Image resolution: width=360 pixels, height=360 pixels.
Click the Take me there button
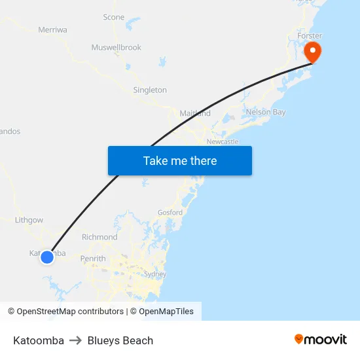(179, 160)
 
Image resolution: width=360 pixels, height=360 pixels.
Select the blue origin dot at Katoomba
(47, 257)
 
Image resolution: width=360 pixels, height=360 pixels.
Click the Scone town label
(113, 17)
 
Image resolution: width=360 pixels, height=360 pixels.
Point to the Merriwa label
(52, 29)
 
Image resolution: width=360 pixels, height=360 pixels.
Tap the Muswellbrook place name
(116, 47)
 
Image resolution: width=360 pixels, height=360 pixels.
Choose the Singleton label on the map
(150, 90)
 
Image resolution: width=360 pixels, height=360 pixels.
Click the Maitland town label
(195, 113)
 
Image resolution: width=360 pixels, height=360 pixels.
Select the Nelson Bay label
(266, 112)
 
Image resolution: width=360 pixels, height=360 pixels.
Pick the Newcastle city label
(223, 141)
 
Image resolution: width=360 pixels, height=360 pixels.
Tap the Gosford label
(170, 212)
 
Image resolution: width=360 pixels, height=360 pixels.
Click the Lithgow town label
(29, 221)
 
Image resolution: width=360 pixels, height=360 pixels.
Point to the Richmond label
(99, 237)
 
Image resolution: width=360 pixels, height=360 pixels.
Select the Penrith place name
(93, 259)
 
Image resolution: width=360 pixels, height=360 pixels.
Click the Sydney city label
(154, 274)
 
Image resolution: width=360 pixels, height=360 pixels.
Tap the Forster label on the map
(310, 35)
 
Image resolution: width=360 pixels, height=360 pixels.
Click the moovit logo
(321, 339)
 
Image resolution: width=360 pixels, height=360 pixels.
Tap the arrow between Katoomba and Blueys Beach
(75, 340)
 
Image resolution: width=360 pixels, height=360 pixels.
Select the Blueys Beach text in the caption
(120, 340)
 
